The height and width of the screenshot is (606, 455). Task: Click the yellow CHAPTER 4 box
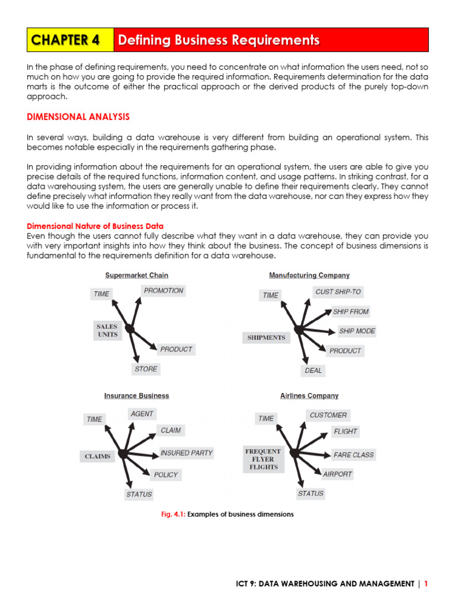[x=70, y=40]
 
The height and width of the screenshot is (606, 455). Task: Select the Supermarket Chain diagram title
[x=137, y=275]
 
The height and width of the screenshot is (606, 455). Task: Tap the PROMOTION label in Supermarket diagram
[x=164, y=291]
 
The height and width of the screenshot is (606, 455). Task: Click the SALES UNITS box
[x=107, y=330]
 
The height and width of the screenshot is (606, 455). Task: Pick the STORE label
[x=146, y=369]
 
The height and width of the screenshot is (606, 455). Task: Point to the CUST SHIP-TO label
[x=338, y=292]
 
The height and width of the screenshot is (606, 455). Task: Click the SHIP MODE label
[x=357, y=331]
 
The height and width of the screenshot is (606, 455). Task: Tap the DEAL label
[x=313, y=370]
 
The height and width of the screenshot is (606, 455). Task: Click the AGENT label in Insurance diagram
[x=142, y=414]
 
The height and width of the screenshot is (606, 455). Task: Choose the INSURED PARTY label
[x=187, y=453]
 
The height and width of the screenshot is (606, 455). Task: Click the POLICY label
[x=165, y=475]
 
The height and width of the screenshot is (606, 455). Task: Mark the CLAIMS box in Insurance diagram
[x=97, y=456]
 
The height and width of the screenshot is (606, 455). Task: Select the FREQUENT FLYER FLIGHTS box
[x=263, y=459]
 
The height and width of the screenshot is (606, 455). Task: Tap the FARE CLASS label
[x=354, y=455]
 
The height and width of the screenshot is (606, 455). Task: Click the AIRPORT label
[x=338, y=474]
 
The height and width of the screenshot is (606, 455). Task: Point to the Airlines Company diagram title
[x=309, y=396]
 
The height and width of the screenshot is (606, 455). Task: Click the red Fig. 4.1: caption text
[x=173, y=514]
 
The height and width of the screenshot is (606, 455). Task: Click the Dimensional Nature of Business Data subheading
[x=95, y=226]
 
